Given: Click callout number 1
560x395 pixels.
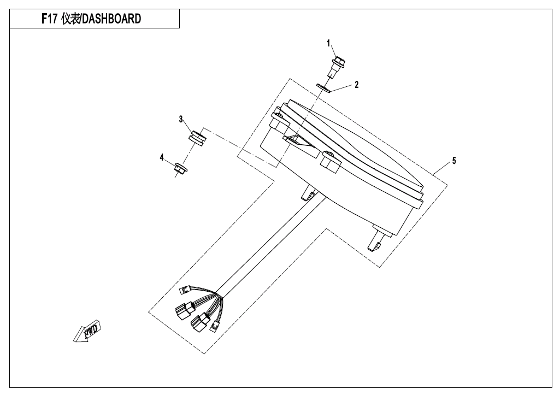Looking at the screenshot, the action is point(328,44).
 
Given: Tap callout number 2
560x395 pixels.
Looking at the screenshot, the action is point(356,85).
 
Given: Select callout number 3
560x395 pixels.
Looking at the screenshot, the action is point(181,119).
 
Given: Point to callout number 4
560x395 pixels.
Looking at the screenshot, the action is point(162,157).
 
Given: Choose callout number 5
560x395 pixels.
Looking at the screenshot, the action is point(454,161).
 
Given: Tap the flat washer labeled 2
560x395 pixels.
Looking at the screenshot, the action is point(324,87).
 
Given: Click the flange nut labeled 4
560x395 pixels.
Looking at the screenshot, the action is point(181,168).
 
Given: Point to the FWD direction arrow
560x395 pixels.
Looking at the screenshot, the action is point(87,331).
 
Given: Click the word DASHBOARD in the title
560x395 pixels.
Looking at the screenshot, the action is point(112,19).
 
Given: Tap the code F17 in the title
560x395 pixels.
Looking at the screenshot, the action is point(49,19).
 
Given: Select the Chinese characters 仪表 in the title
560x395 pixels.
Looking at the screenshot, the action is point(70,19).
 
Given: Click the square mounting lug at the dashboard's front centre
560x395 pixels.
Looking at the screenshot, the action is point(331,162).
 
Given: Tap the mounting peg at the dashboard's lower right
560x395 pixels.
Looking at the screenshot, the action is point(376,239).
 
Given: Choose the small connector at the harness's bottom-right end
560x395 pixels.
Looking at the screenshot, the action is point(215,325).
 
